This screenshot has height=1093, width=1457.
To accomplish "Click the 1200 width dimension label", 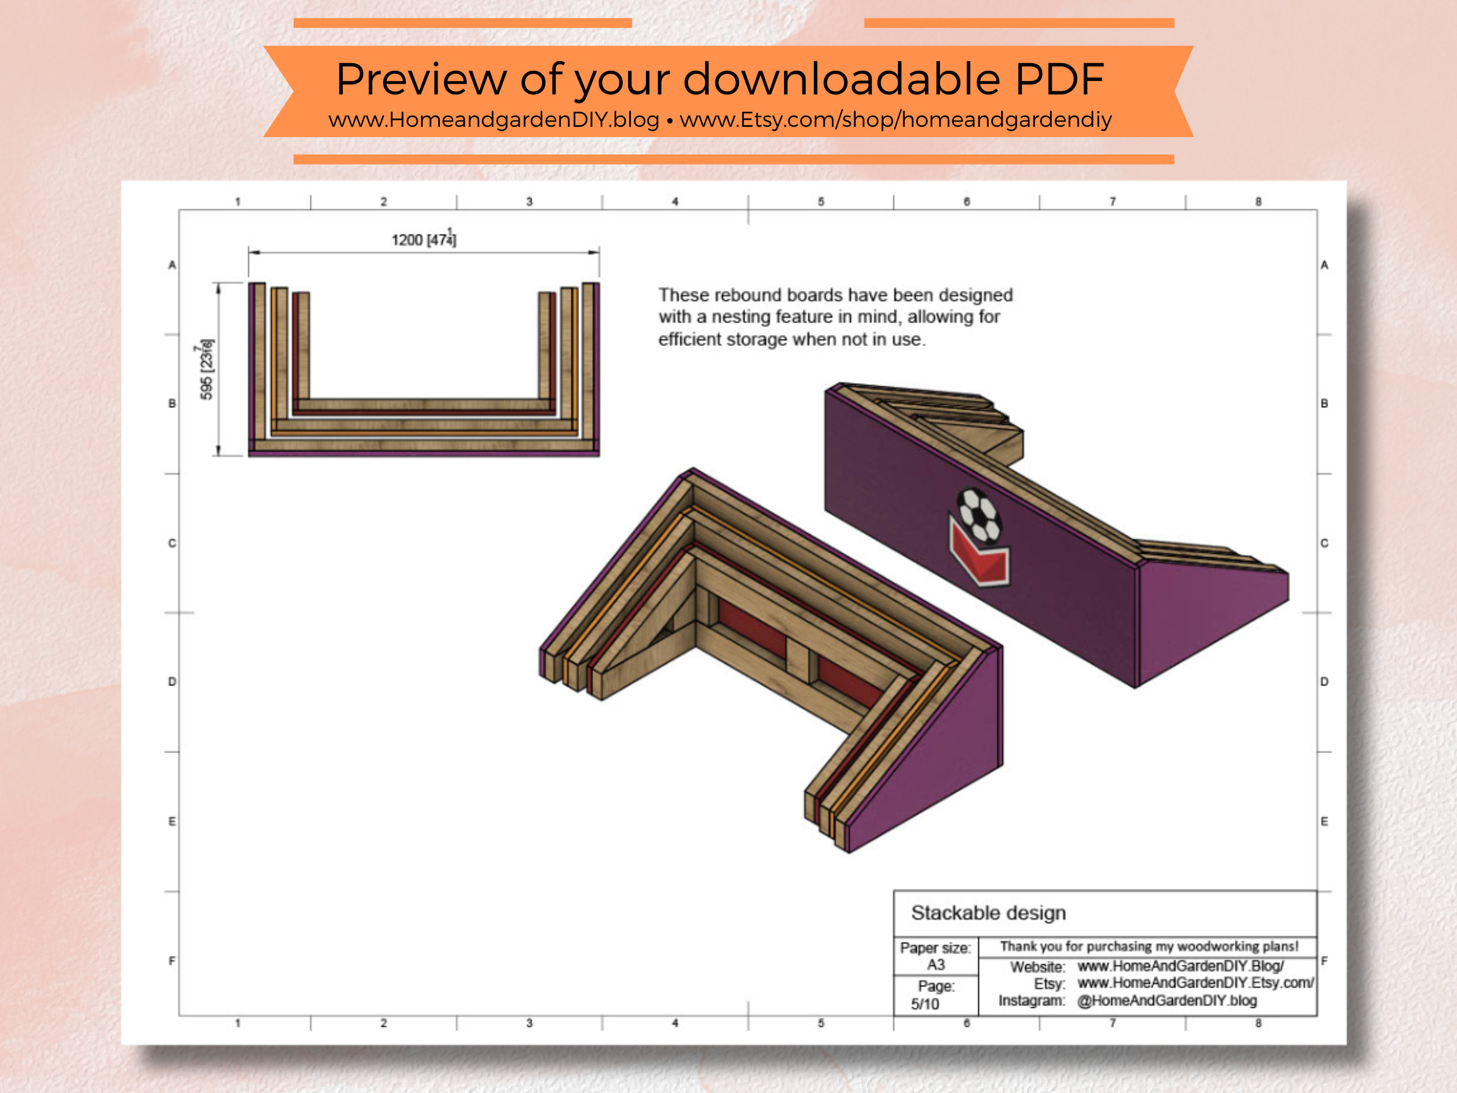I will point(424,239).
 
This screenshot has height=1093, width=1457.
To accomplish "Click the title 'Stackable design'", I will point(988,913).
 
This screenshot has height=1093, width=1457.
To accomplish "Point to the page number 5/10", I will point(925,1003).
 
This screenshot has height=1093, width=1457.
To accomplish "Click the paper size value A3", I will point(935,965).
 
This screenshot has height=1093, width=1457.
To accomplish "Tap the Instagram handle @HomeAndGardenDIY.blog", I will point(1167,1000).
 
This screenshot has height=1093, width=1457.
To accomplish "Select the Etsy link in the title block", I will point(1195,982).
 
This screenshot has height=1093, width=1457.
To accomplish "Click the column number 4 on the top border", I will point(675,202).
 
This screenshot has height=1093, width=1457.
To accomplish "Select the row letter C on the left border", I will point(172,543).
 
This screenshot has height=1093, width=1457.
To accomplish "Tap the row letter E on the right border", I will point(1324,821).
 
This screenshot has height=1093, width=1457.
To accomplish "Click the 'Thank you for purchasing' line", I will point(1149,946).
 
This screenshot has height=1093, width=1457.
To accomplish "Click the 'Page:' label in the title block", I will point(935,986).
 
